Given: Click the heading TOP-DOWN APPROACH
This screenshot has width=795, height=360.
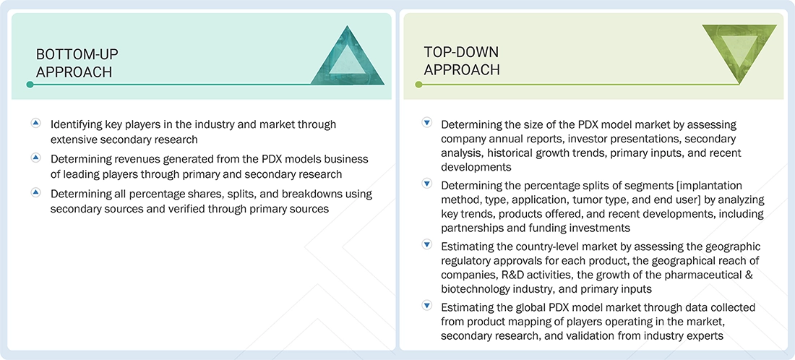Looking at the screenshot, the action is tap(462, 60).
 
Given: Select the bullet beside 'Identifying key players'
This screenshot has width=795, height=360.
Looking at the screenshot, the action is tap(35, 123).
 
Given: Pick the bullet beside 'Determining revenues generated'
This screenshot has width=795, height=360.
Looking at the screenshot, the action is tap(35, 158).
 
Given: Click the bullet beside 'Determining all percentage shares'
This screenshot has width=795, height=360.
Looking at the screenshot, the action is tap(35, 193).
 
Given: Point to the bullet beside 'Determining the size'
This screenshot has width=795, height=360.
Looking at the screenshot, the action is tap(426, 123).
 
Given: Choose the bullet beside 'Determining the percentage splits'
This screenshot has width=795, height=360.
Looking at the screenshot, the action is tap(426, 184).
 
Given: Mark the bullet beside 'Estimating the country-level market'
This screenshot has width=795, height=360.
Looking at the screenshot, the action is tap(426, 245).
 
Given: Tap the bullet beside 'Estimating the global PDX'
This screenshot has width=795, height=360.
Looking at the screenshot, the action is tap(426, 307).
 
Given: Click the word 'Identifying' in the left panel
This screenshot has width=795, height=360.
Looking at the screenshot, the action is tap(74, 125).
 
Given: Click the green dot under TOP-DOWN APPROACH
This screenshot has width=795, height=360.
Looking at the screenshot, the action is tap(418, 84).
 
